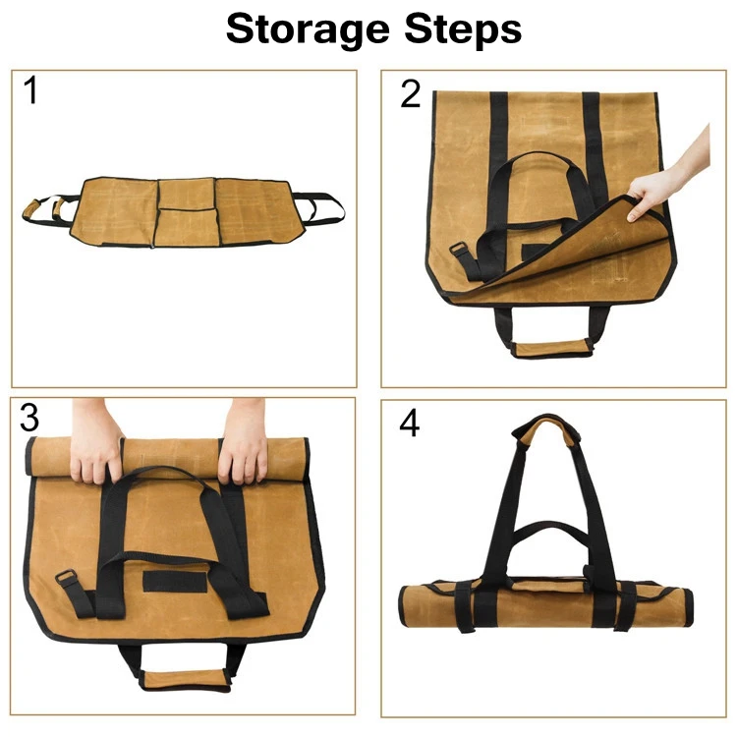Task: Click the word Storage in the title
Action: (x=308, y=30)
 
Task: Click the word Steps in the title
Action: (x=463, y=29)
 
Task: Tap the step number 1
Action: (x=30, y=90)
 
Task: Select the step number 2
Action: (x=411, y=94)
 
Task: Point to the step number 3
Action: (x=29, y=418)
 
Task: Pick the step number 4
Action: (x=409, y=423)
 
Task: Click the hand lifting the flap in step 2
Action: (x=670, y=179)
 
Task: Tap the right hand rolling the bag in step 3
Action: (x=243, y=442)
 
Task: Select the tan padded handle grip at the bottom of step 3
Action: (x=185, y=680)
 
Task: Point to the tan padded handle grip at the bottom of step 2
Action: (x=551, y=348)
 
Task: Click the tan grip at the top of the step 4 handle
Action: (x=546, y=428)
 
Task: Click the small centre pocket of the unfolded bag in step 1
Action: (x=187, y=194)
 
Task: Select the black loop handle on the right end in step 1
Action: (x=319, y=206)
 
